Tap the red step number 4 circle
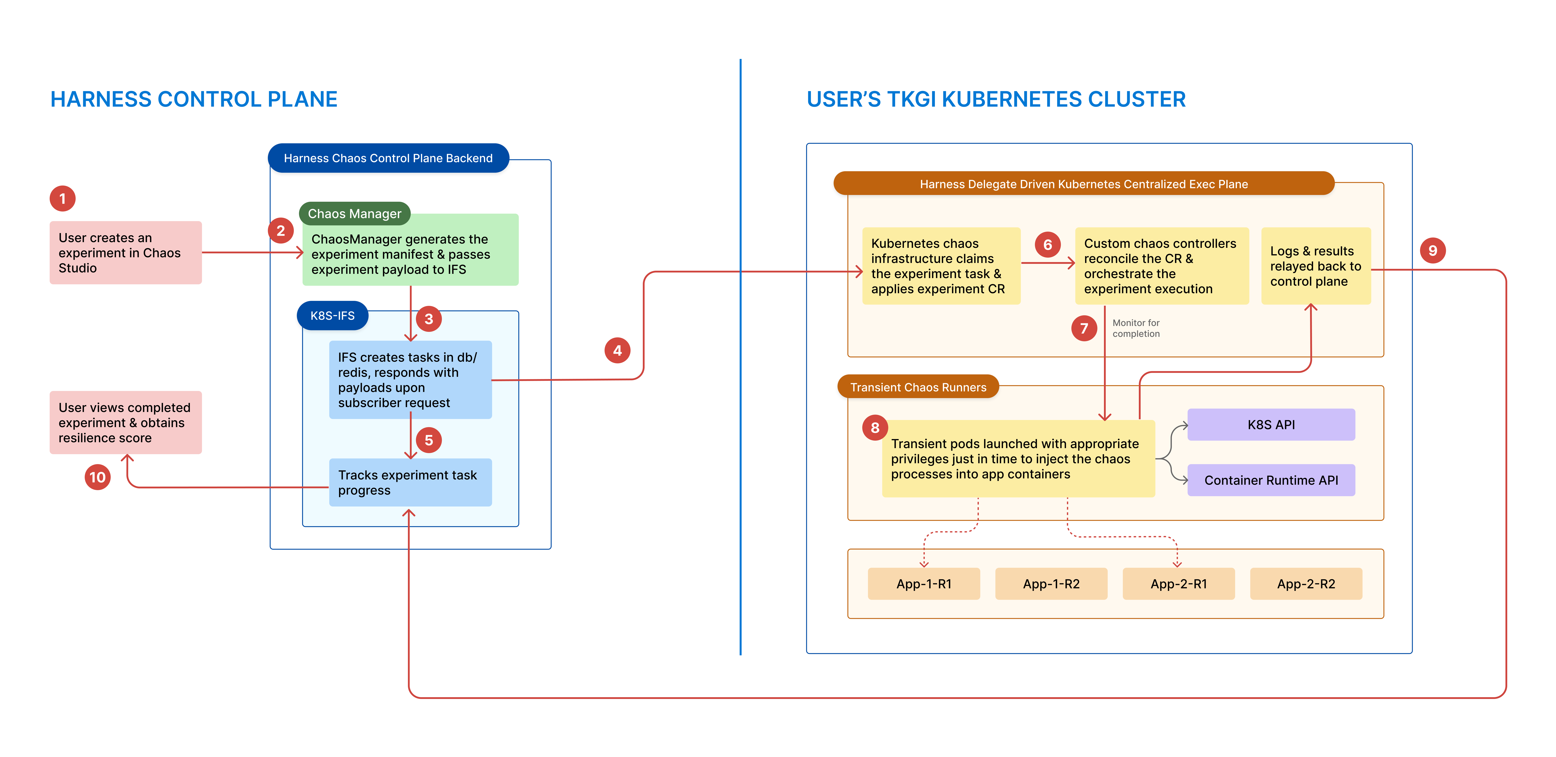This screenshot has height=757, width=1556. click(617, 350)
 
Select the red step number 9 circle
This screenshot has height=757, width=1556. click(1432, 250)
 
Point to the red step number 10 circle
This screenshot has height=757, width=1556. click(97, 477)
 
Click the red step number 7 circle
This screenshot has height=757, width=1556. click(1084, 328)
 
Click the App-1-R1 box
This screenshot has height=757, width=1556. click(923, 584)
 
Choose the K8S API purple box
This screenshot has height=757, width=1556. click(1271, 425)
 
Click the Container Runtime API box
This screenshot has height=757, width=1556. click(1271, 480)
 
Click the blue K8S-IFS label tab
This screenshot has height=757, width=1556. click(332, 315)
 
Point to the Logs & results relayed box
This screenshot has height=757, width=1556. click(1315, 266)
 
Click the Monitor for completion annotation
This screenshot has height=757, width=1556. click(1136, 328)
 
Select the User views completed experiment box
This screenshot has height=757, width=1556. click(125, 422)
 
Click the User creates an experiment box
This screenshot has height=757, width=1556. click(125, 252)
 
